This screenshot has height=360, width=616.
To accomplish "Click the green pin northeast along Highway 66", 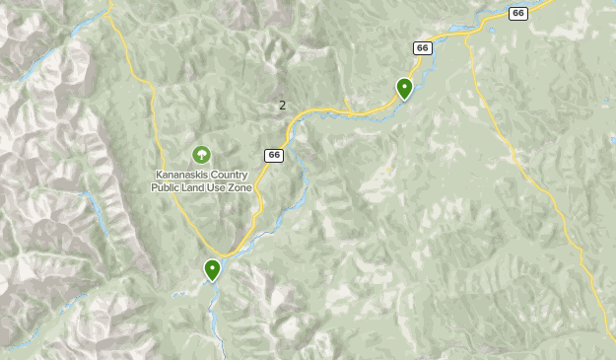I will pos(404,89).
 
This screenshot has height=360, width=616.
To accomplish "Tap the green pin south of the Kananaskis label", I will pos(212,268).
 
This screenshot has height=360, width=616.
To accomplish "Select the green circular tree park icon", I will pos(201,155).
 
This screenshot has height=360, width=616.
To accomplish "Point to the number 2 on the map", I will pos(283,106).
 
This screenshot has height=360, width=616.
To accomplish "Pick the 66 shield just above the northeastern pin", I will pos(422,47).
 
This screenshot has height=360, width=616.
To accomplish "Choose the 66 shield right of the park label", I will pos(273,156).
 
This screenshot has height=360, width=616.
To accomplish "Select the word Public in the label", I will pos(168,187).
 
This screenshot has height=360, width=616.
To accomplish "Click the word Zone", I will pos(240,187).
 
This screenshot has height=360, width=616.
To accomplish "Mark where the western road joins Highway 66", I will pos(226,255).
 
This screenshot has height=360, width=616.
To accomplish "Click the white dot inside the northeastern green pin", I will pos(404,86).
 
